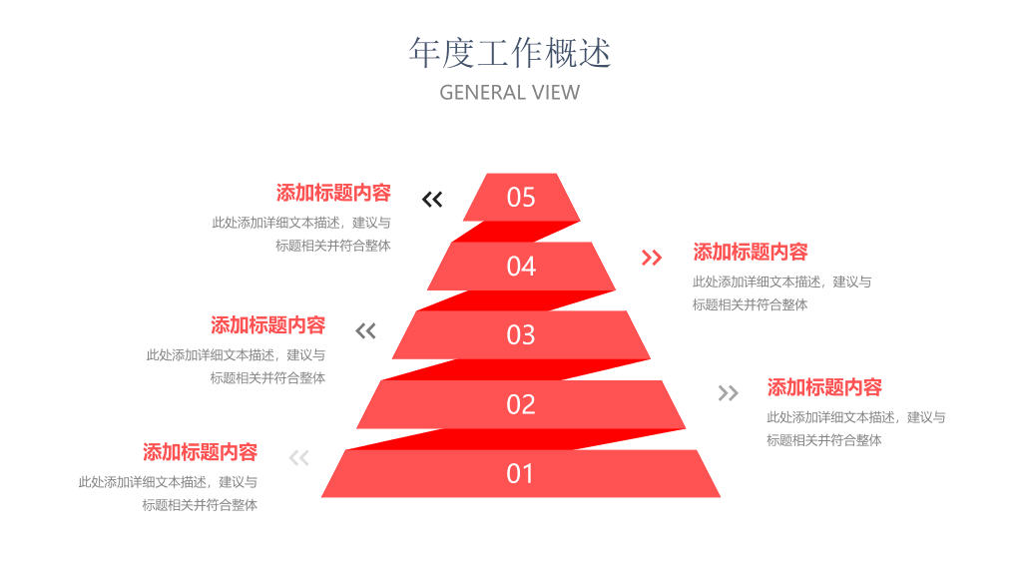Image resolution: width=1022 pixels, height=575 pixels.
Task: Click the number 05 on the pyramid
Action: pyautogui.click(x=521, y=198)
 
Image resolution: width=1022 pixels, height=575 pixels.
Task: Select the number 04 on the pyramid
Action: pyautogui.click(x=521, y=267)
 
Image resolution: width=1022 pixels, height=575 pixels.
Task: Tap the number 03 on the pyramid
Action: pyautogui.click(x=521, y=335)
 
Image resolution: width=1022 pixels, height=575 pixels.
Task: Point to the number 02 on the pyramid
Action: pyautogui.click(x=521, y=405)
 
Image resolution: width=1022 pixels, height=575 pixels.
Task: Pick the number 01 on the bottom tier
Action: pyautogui.click(x=519, y=474)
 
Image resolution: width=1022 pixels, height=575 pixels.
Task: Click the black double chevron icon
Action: pyautogui.click(x=432, y=199)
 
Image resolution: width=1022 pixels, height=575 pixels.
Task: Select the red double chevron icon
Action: pyautogui.click(x=652, y=258)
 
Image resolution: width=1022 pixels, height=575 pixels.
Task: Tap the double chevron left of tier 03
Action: pyautogui.click(x=365, y=331)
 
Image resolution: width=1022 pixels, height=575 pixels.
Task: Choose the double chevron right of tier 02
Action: pyautogui.click(x=728, y=392)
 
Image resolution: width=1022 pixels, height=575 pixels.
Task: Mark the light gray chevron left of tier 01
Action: pyautogui.click(x=299, y=457)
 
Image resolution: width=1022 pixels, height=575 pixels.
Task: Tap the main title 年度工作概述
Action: pyautogui.click(x=510, y=53)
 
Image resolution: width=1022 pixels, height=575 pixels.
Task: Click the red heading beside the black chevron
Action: pyautogui.click(x=333, y=193)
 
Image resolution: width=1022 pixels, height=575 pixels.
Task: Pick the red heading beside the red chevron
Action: pyautogui.click(x=751, y=252)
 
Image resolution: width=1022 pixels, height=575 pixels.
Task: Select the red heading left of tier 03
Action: pyautogui.click(x=267, y=325)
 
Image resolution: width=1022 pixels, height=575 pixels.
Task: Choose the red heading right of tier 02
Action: pyautogui.click(x=824, y=387)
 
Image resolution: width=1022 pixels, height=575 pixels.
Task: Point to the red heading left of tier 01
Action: pyautogui.click(x=200, y=452)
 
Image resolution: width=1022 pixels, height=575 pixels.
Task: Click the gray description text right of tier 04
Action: pyautogui.click(x=782, y=293)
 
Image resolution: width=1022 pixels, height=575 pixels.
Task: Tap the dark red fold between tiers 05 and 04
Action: pyautogui.click(x=515, y=232)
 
